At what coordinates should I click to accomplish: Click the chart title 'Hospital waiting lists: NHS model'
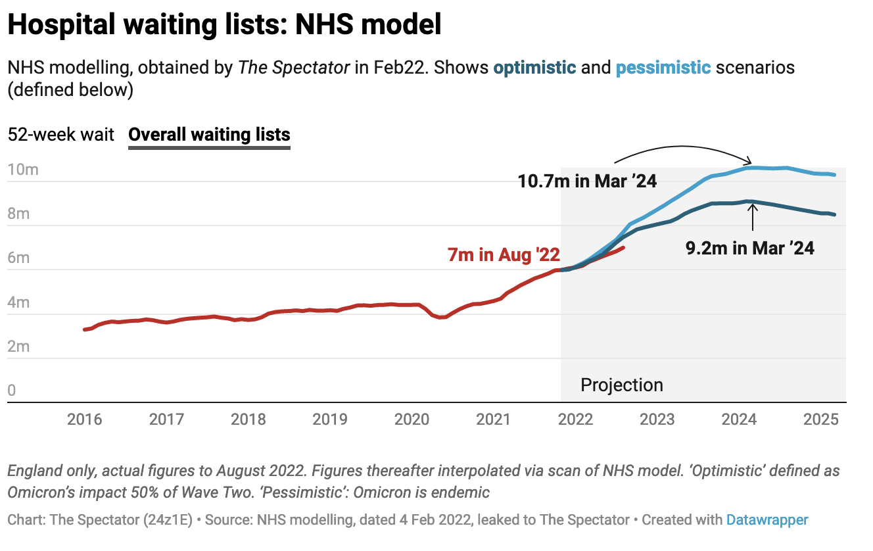[224, 25]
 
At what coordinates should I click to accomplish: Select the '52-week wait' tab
[61, 135]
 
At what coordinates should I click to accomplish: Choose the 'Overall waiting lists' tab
[209, 135]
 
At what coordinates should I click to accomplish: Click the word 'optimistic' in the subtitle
[534, 67]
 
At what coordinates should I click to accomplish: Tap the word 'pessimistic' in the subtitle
[663, 67]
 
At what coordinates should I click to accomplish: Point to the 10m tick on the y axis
[23, 170]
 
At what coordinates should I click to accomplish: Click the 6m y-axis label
[19, 258]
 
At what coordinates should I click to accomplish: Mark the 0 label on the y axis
[12, 391]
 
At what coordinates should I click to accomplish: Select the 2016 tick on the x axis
[85, 419]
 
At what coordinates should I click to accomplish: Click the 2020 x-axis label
[412, 419]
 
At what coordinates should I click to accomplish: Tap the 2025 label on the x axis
[820, 419]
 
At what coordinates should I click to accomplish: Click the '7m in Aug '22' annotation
[504, 255]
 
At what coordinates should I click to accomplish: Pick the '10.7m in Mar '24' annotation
[588, 181]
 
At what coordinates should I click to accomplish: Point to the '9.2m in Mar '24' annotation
[749, 248]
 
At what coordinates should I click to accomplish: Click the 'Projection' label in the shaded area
[621, 385]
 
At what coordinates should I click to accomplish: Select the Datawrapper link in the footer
[767, 519]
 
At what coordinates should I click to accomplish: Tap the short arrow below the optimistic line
[753, 217]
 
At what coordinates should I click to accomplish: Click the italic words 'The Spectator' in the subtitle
[294, 67]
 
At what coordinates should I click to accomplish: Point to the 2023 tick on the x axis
[657, 419]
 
